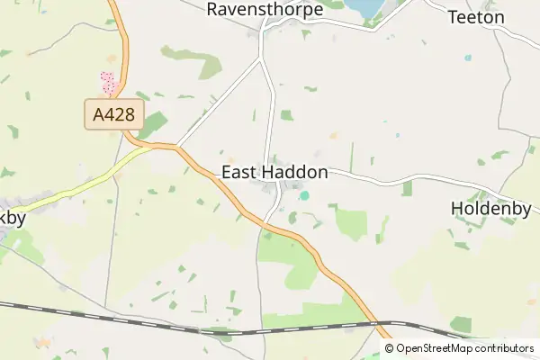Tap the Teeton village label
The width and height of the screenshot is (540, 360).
pos(476,17)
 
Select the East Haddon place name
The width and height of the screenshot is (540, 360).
pos(274,173)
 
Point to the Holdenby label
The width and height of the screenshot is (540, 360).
pos(491,209)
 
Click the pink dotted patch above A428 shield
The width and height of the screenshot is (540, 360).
pos(109,83)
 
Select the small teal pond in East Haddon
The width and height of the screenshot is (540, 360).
pos(304,195)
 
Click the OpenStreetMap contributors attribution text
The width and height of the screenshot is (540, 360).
pos(460,348)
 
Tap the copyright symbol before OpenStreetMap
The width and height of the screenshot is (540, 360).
pos(390,348)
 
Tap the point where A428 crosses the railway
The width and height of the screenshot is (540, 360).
pos(370,322)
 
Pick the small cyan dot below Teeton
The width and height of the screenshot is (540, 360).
pos(467,58)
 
